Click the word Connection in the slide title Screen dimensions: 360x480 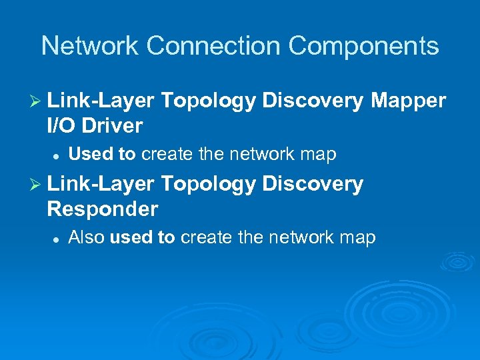click(x=215, y=46)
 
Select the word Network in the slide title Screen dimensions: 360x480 click(x=91, y=46)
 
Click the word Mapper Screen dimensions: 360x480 click(x=408, y=101)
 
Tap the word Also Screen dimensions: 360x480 click(x=87, y=237)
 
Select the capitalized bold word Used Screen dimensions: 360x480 click(x=93, y=155)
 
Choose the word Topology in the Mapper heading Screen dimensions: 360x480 click(x=208, y=101)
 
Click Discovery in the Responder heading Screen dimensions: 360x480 click(x=313, y=184)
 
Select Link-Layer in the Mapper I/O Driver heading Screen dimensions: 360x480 click(x=101, y=101)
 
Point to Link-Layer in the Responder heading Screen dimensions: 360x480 click(x=101, y=184)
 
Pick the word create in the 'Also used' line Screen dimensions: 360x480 click(x=204, y=237)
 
